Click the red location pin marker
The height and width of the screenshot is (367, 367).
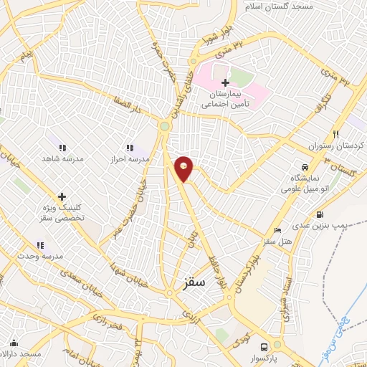coord(184,168)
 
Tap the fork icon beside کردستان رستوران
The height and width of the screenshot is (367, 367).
coord(334,134)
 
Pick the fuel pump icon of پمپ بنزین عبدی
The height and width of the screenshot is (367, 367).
coord(319,214)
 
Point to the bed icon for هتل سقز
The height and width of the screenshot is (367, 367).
coord(277,231)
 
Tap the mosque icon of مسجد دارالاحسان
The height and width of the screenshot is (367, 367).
coord(14,343)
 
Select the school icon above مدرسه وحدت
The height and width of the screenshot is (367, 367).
coord(40,244)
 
